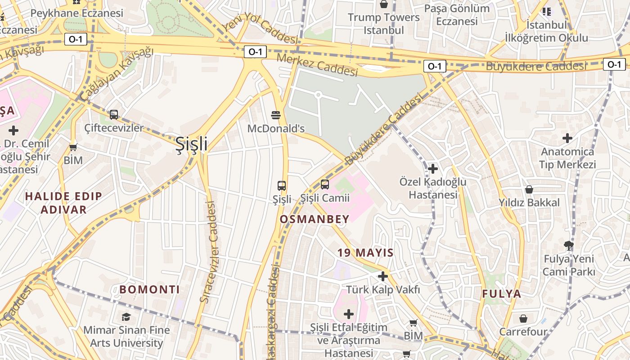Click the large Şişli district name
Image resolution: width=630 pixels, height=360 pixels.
pos(191,144)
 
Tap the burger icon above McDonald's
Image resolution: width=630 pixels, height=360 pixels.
pos(276,115)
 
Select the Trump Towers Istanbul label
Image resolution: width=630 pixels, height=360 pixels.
pos(384,24)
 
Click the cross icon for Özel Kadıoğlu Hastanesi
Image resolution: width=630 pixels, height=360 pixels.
pos(433,169)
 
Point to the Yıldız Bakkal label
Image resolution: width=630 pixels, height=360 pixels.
pos(529,202)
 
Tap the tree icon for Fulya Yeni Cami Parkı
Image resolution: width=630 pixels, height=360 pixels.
pos(568,246)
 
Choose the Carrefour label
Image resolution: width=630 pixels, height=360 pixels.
pos(523,332)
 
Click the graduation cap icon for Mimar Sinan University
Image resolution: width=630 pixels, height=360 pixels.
pos(126,317)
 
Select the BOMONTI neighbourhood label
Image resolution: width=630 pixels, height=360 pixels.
pos(150,289)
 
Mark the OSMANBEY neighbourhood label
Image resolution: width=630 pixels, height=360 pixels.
pos(315,219)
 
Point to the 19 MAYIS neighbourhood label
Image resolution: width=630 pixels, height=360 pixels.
pos(366,252)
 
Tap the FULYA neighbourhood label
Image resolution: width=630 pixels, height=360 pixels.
pos(502,294)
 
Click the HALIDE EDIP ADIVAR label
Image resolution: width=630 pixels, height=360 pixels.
pos(63,202)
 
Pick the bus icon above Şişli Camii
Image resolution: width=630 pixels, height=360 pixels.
pos(325,184)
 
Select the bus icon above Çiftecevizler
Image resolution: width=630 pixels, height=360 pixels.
pos(114,115)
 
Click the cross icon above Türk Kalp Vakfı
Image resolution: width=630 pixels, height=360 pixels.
pos(383,276)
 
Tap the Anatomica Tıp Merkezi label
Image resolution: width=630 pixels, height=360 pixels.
pos(567,158)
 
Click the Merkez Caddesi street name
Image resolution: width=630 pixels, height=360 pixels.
pos(317,64)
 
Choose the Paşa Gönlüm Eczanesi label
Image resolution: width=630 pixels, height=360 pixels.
pos(457,15)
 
